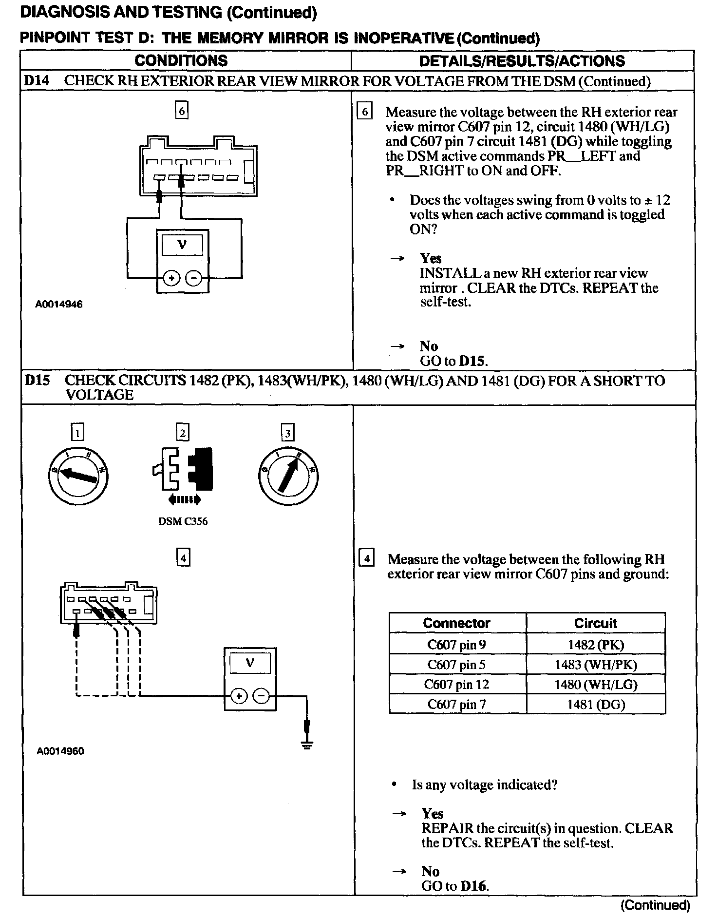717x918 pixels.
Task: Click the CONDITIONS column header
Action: tap(181, 60)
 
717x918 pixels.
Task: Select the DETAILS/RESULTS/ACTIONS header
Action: tap(522, 60)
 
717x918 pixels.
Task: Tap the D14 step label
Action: tap(37, 81)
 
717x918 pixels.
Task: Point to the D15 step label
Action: tap(37, 380)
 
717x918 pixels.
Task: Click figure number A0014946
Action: tap(59, 304)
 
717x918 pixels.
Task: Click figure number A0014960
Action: tap(60, 751)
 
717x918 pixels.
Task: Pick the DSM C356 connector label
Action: tap(183, 521)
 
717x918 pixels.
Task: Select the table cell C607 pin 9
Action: tap(456, 645)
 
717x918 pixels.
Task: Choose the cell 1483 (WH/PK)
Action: tap(596, 665)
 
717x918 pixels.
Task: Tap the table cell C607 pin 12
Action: tap(456, 684)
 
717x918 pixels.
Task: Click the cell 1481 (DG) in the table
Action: tap(596, 704)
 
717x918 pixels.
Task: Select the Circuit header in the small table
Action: tap(595, 623)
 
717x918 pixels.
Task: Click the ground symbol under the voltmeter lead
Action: tap(307, 745)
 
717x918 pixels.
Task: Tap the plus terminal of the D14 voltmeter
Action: tap(171, 278)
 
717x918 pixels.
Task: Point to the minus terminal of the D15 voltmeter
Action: tap(262, 696)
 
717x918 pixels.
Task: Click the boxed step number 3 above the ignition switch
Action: tap(288, 433)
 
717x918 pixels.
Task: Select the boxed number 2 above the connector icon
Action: tap(182, 433)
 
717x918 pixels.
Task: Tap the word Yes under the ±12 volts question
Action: tap(431, 258)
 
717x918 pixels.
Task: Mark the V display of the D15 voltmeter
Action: tap(250, 663)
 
